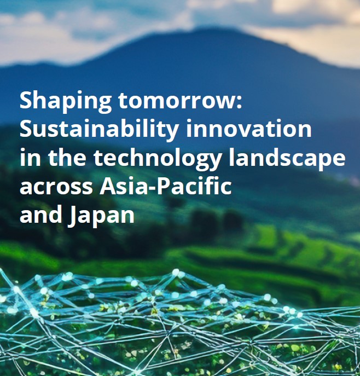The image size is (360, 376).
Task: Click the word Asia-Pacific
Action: [166, 187]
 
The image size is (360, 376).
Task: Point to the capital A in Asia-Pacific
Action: [107, 186]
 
